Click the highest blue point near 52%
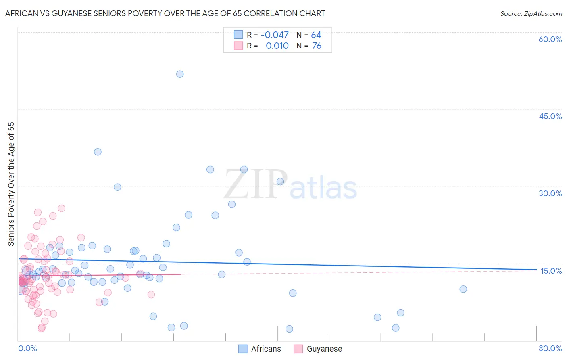coord(180,74)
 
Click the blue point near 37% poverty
coord(98,152)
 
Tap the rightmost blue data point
coord(463,289)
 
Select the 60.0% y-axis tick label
coord(550,39)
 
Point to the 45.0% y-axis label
coord(550,116)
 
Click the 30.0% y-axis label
coord(550,193)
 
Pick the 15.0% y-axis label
coord(551,271)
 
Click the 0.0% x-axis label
coord(27,348)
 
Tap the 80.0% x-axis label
coord(550,348)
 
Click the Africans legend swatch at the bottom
coord(243,349)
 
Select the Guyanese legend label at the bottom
coord(324,349)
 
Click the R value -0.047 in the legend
coord(275,35)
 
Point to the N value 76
coord(317,46)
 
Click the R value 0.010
coord(277,46)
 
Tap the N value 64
coord(316,35)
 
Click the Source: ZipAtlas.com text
coord(531,14)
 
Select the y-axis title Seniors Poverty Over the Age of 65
coord(11,184)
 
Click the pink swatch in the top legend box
coord(238,46)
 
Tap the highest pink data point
coord(61,208)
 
